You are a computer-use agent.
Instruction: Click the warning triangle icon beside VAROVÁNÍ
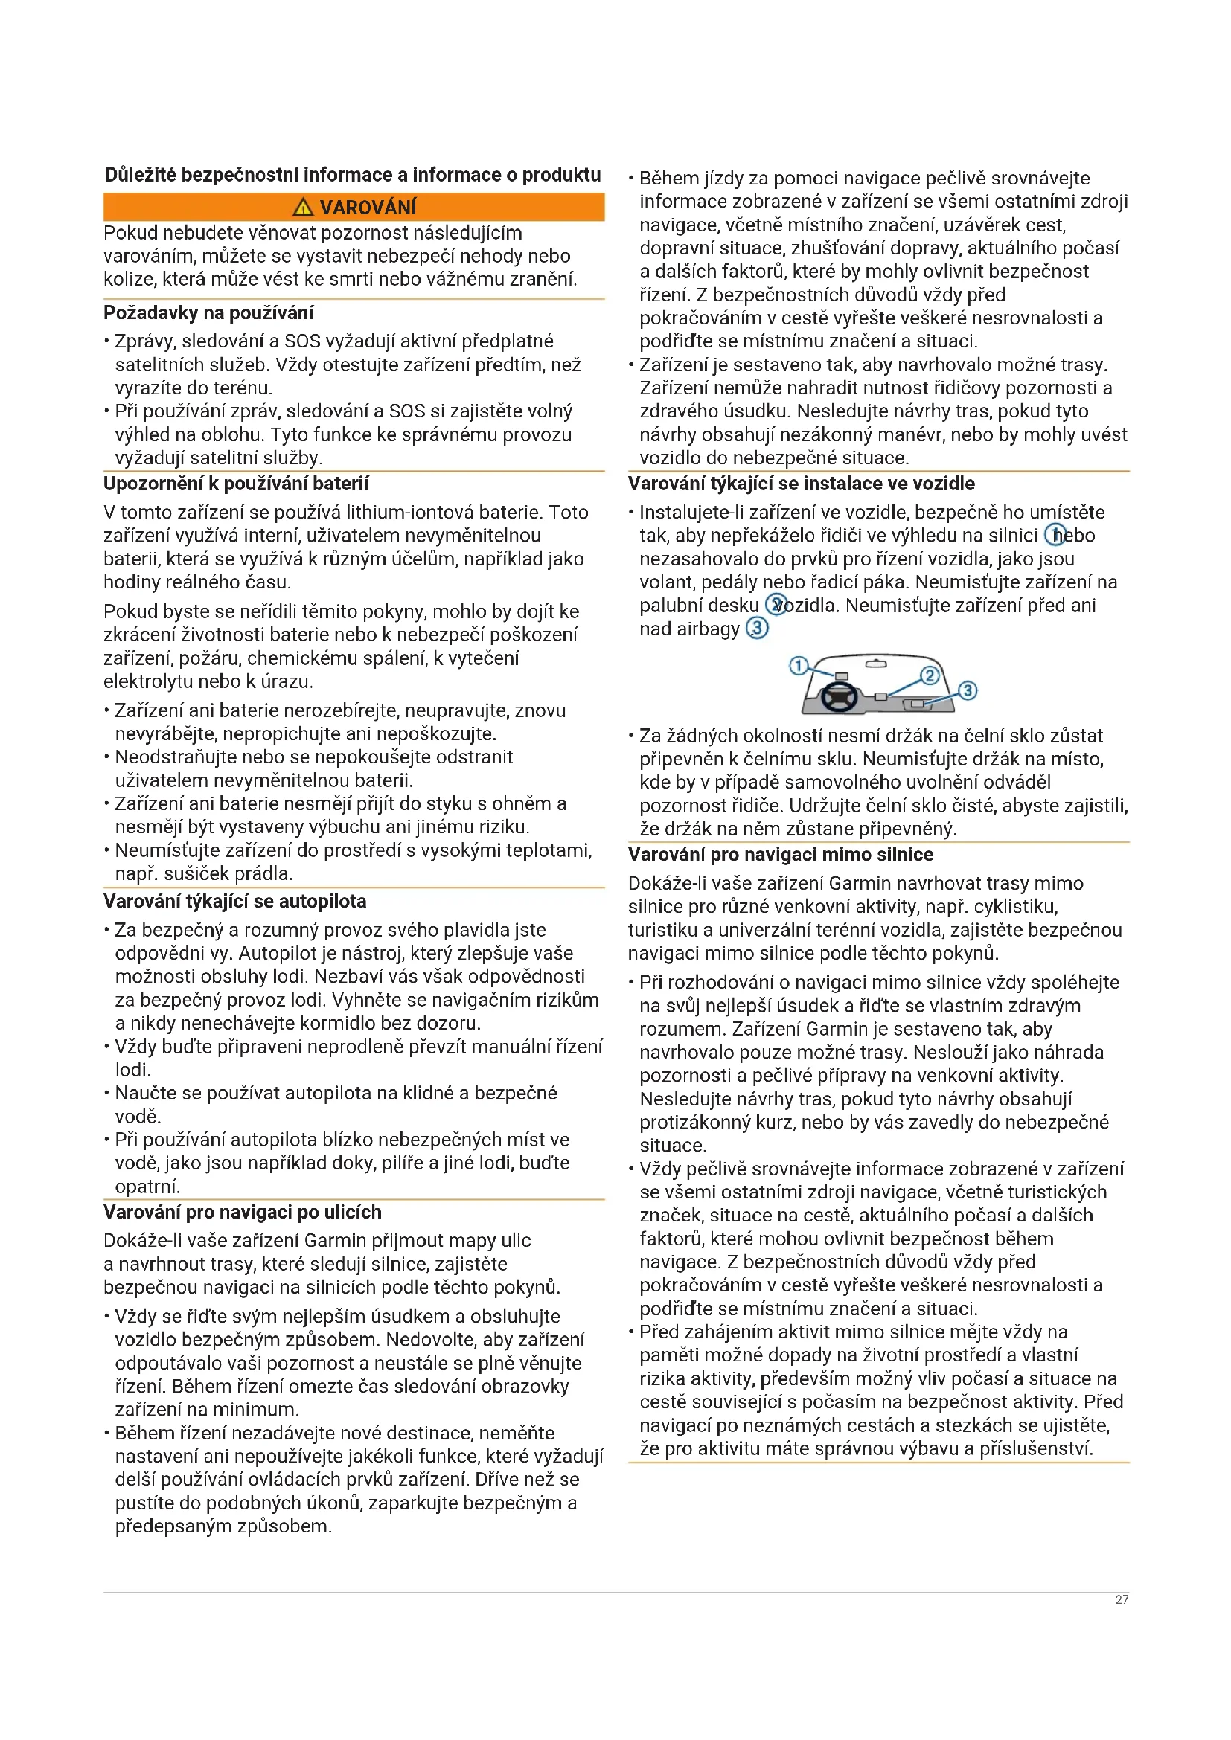pyautogui.click(x=302, y=207)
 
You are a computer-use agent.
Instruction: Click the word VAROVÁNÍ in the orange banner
pyautogui.click(x=368, y=208)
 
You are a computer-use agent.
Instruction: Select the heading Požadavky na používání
pyautogui.click(x=208, y=313)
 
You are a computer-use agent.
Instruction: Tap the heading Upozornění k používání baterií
pyautogui.click(x=236, y=484)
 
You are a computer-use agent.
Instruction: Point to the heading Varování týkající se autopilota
pyautogui.click(x=235, y=901)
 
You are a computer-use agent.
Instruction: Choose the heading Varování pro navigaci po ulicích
pyautogui.click(x=243, y=1212)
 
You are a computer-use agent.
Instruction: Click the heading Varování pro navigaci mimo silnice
pyautogui.click(x=780, y=854)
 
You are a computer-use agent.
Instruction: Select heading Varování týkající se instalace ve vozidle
pyautogui.click(x=802, y=484)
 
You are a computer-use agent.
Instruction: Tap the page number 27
pyautogui.click(x=1122, y=1600)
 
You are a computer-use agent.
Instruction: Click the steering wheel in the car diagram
pyautogui.click(x=839, y=696)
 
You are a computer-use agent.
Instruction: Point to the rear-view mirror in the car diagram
pyautogui.click(x=875, y=664)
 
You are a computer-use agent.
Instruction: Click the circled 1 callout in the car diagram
pyautogui.click(x=799, y=666)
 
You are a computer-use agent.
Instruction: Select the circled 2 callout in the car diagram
pyautogui.click(x=930, y=675)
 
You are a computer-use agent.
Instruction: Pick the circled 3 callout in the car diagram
pyautogui.click(x=968, y=690)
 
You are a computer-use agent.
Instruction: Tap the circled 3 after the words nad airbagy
pyautogui.click(x=757, y=629)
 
